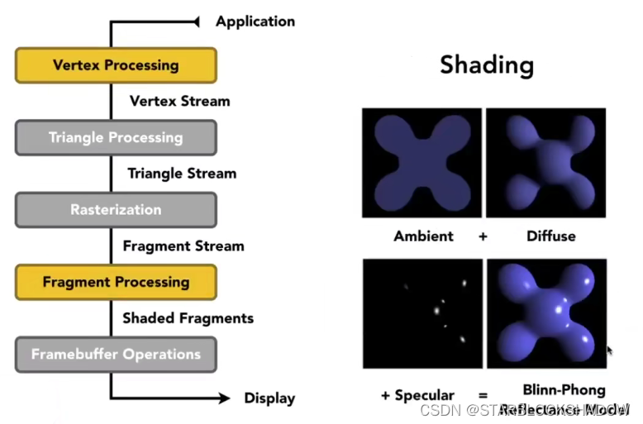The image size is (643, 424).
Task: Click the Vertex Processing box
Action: tap(116, 65)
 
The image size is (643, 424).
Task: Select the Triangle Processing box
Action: tap(116, 137)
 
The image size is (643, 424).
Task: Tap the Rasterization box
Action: tap(116, 210)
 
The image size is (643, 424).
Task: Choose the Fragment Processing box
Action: tap(116, 282)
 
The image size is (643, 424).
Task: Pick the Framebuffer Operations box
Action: tap(116, 355)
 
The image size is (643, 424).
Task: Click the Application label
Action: tap(255, 21)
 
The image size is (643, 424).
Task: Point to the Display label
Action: tap(269, 398)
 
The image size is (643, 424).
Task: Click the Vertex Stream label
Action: tap(180, 102)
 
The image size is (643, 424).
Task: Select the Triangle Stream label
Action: tap(182, 174)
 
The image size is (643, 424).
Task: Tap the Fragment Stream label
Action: tap(183, 246)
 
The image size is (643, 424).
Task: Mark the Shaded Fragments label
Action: tap(188, 318)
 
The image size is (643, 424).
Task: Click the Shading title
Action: tap(486, 64)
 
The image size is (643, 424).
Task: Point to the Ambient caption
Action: tap(423, 236)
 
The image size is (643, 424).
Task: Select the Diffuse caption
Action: tap(550, 236)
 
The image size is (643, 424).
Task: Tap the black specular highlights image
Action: tap(422, 314)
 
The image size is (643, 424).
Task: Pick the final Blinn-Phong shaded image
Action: tap(545, 314)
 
